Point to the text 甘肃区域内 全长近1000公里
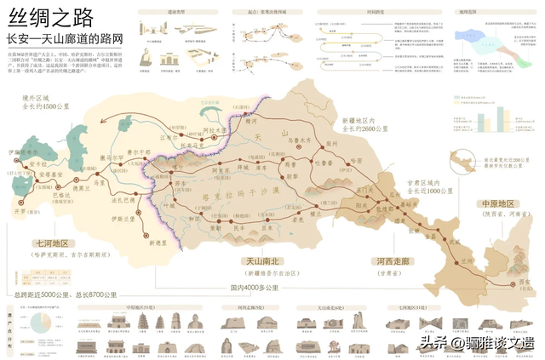tap(415, 187)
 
